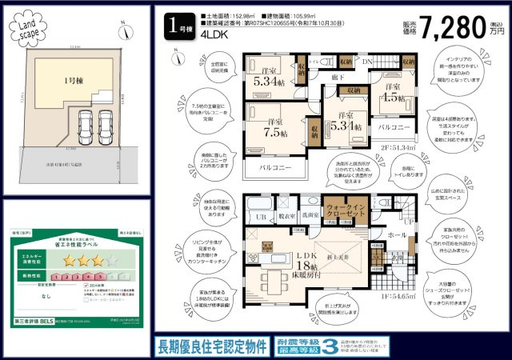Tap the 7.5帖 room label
(x=270, y=128)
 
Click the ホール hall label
(x=396, y=237)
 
